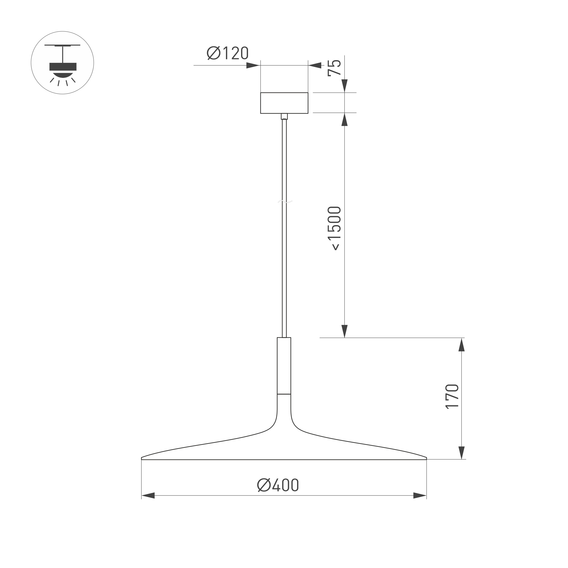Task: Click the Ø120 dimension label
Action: click(x=227, y=53)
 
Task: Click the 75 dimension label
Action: click(x=334, y=68)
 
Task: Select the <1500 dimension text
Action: click(x=334, y=228)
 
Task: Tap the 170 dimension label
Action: click(x=452, y=397)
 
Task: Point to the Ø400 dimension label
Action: click(x=278, y=485)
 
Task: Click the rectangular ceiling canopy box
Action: click(x=284, y=103)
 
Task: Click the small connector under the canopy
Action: click(x=284, y=117)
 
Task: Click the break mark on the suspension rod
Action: click(x=285, y=202)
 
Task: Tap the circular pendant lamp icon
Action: click(x=62, y=63)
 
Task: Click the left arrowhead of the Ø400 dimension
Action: click(x=148, y=496)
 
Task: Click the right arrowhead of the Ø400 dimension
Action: click(x=420, y=496)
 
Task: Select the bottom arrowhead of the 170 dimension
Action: click(x=462, y=453)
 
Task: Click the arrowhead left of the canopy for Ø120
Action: click(x=253, y=65)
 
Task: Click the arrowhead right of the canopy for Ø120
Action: click(x=315, y=65)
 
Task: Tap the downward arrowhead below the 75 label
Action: click(x=345, y=86)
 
